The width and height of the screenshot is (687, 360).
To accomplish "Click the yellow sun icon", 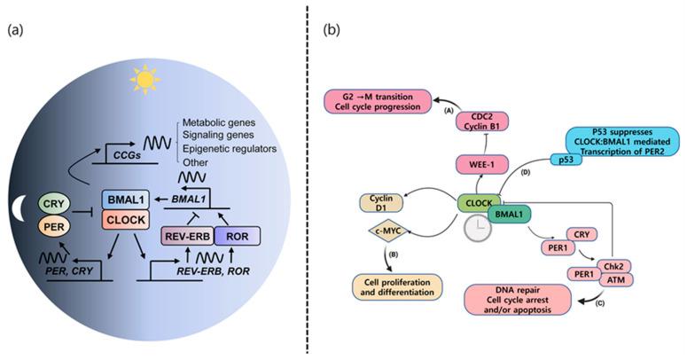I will point(216,82).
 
